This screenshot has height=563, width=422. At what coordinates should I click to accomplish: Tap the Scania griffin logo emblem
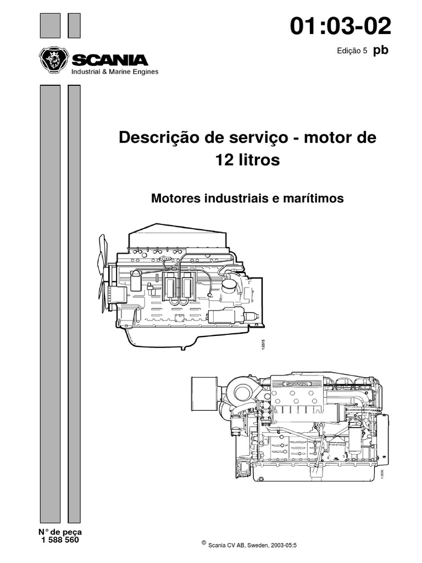[54, 59]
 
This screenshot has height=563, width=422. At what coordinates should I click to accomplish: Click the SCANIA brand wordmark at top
[110, 59]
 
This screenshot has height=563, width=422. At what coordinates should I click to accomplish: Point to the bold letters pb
[381, 50]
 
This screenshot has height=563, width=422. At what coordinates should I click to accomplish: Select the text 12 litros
[248, 161]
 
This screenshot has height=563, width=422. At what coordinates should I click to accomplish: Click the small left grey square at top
[50, 25]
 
